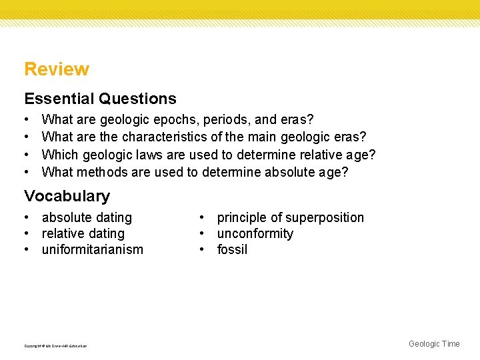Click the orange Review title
coord(57,69)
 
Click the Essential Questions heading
coord(100,99)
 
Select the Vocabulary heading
coord(67,196)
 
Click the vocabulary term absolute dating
coord(87,217)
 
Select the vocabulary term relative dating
coord(83,233)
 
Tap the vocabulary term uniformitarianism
coord(92,249)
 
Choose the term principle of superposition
coord(291,217)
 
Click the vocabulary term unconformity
coord(255,233)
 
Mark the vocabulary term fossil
coord(232,249)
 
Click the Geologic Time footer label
coord(434,344)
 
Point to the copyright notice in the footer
coord(55,345)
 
